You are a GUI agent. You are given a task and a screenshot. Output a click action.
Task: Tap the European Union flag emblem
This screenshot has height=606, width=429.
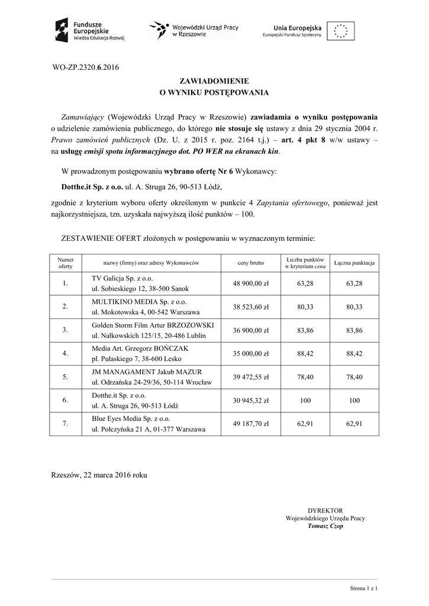(x=343, y=30)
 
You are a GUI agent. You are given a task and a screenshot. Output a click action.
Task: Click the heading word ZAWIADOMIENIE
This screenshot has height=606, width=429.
(x=214, y=80)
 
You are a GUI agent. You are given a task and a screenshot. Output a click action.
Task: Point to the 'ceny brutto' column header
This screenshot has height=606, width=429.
(x=251, y=262)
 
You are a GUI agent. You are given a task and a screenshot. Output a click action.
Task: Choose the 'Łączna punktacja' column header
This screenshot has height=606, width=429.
(x=354, y=262)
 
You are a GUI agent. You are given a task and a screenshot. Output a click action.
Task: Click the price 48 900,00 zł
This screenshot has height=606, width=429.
(x=251, y=283)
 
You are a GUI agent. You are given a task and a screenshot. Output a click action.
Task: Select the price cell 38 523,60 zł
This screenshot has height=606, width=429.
(x=251, y=307)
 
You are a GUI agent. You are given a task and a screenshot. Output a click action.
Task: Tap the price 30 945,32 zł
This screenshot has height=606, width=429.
(x=251, y=400)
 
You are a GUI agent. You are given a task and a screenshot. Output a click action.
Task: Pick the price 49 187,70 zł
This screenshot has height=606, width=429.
(x=251, y=423)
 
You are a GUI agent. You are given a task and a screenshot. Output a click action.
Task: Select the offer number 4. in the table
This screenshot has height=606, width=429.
(x=66, y=353)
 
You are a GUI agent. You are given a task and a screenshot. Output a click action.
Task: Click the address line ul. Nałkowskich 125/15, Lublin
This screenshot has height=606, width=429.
(x=152, y=335)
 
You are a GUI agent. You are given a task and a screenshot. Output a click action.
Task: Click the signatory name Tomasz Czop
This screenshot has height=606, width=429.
(x=325, y=526)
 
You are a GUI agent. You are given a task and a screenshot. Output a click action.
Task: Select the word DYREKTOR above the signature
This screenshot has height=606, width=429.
(x=325, y=510)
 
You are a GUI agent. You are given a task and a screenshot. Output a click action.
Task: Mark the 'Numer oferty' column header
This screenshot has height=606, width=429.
(x=66, y=262)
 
